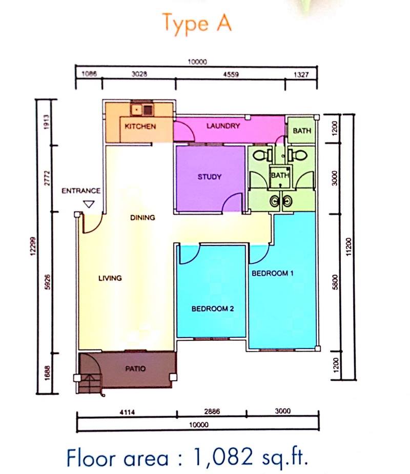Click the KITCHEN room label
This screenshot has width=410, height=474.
click(140, 127)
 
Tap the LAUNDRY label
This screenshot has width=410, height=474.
click(223, 126)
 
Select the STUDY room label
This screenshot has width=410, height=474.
click(210, 177)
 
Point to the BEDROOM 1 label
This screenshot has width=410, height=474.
click(273, 273)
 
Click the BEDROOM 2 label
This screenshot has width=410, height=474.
click(213, 308)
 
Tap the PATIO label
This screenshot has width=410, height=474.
click(135, 368)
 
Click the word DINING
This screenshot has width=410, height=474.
click(142, 217)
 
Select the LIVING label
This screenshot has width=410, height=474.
click(110, 278)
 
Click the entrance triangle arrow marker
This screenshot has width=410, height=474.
click(89, 204)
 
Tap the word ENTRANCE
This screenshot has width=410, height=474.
click(81, 191)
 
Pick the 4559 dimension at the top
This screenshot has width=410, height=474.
click(231, 74)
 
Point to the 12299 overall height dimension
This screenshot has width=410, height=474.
click(33, 246)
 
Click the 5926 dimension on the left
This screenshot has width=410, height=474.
click(47, 282)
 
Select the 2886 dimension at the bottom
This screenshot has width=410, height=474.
click(212, 411)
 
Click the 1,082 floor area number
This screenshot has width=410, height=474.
click(222, 457)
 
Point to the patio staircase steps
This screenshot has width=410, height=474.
click(90, 384)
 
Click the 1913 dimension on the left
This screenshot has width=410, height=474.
click(46, 122)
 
